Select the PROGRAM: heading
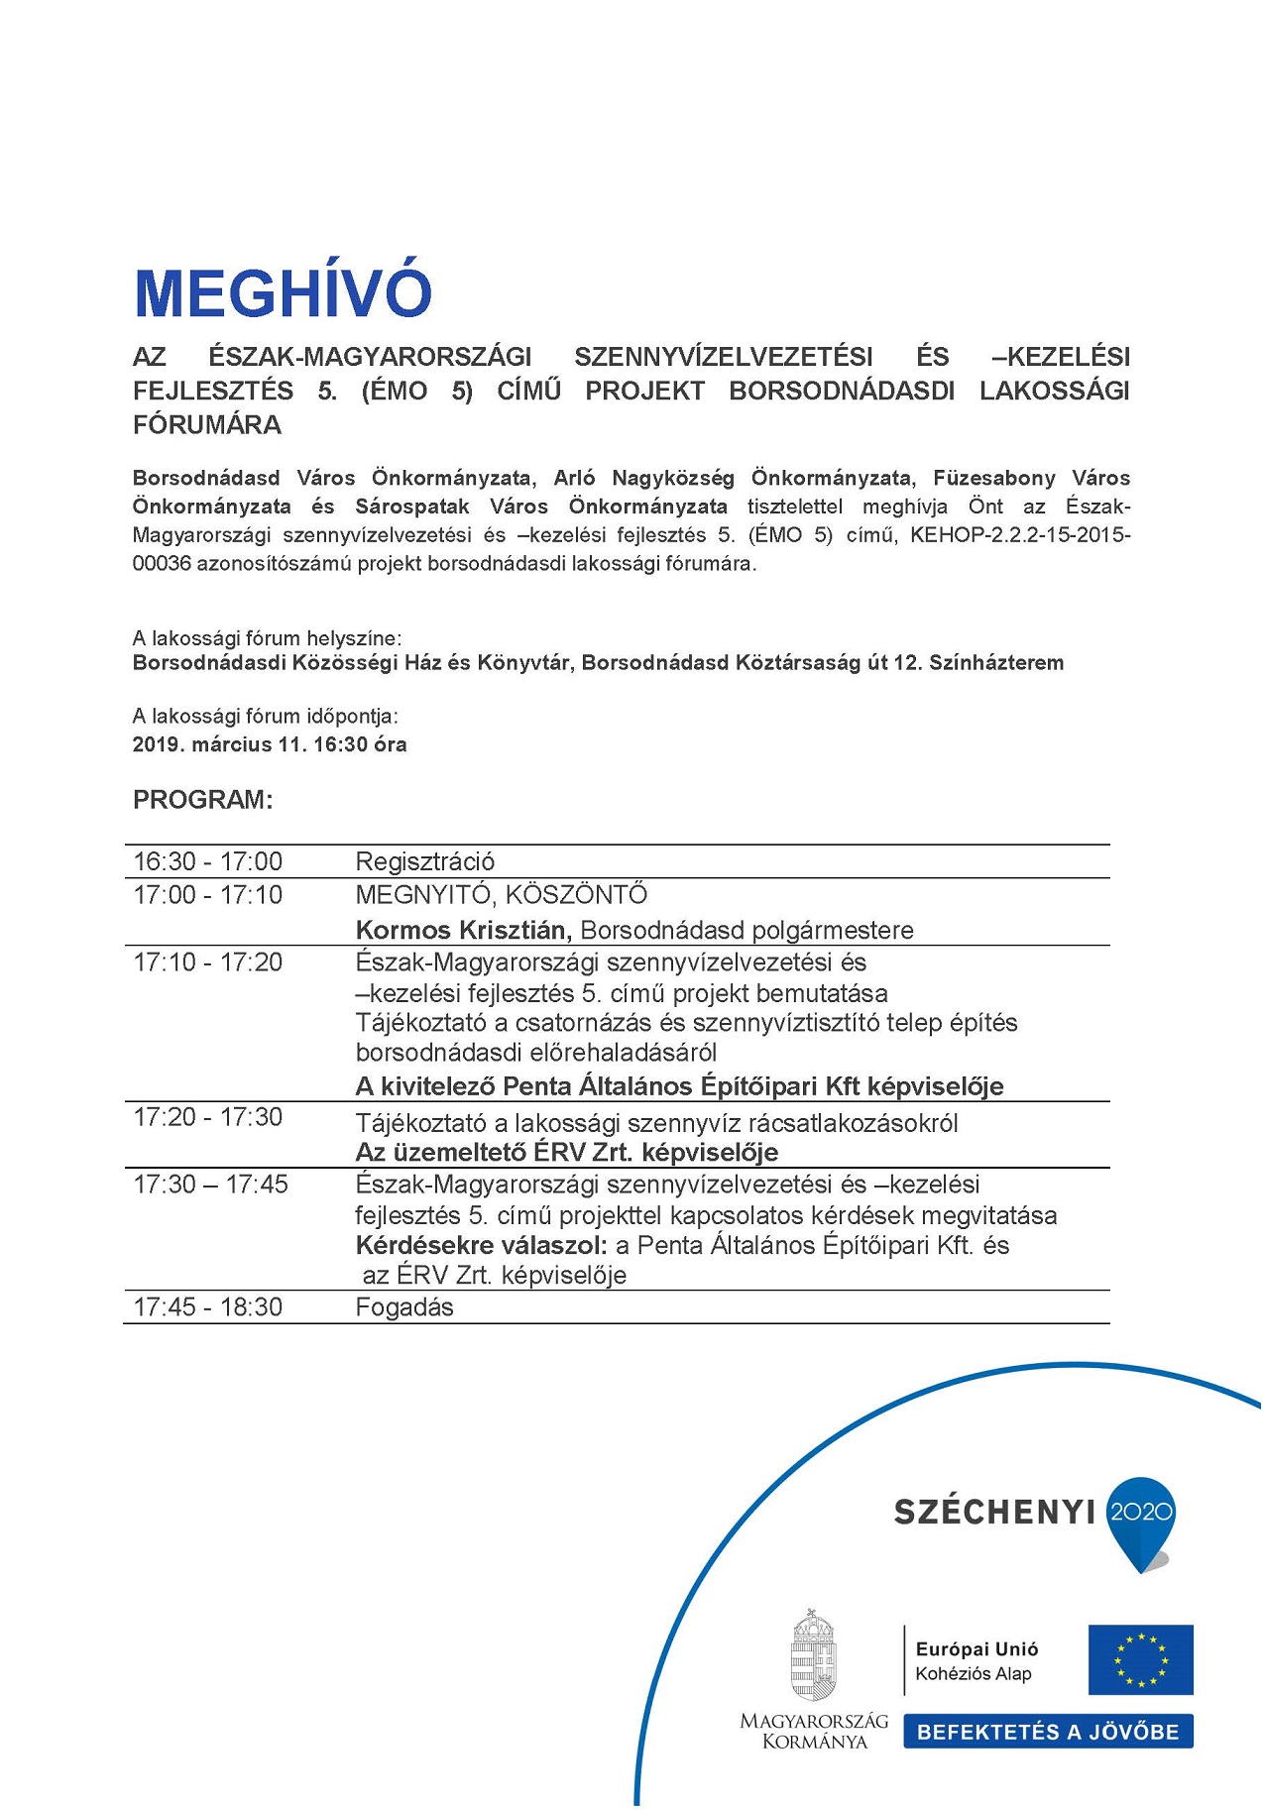pyautogui.click(x=202, y=800)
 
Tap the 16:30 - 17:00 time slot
pyautogui.click(x=208, y=861)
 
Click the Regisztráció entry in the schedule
pyautogui.click(x=424, y=861)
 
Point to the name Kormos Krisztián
pyautogui.click(x=462, y=930)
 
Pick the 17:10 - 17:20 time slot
pyautogui.click(x=208, y=962)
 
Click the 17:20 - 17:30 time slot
pyautogui.click(x=208, y=1117)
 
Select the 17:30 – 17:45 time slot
pyautogui.click(x=210, y=1185)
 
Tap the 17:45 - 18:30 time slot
pyautogui.click(x=208, y=1306)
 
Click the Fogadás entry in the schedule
pyautogui.click(x=404, y=1306)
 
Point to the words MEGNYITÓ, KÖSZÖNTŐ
pyautogui.click(x=502, y=895)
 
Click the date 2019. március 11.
pyautogui.click(x=220, y=744)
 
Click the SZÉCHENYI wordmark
pyautogui.click(x=994, y=1512)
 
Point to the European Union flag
pyautogui.click(x=1140, y=1659)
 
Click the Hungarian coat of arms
pyautogui.click(x=813, y=1655)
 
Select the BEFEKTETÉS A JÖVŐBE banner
pyautogui.click(x=1048, y=1732)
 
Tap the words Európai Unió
pyautogui.click(x=976, y=1649)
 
